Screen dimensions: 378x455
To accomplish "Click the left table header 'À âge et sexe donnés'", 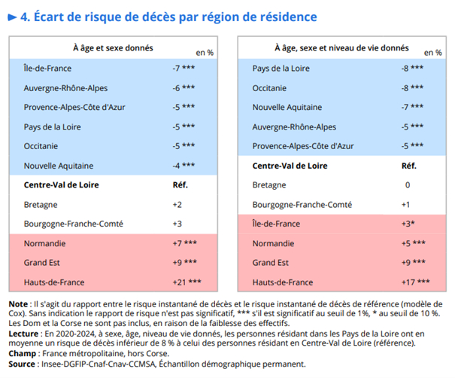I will click(113, 47).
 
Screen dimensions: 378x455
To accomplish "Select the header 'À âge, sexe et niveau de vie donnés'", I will click(342, 47).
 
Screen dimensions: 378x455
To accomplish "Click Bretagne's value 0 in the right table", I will click(408, 184).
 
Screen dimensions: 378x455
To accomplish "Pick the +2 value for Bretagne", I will click(177, 204).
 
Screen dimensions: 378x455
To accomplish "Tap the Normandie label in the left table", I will click(45, 243).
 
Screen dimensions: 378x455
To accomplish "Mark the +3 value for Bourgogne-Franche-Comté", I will click(177, 224).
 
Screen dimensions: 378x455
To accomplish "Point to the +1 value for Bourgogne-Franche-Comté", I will click(407, 204).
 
